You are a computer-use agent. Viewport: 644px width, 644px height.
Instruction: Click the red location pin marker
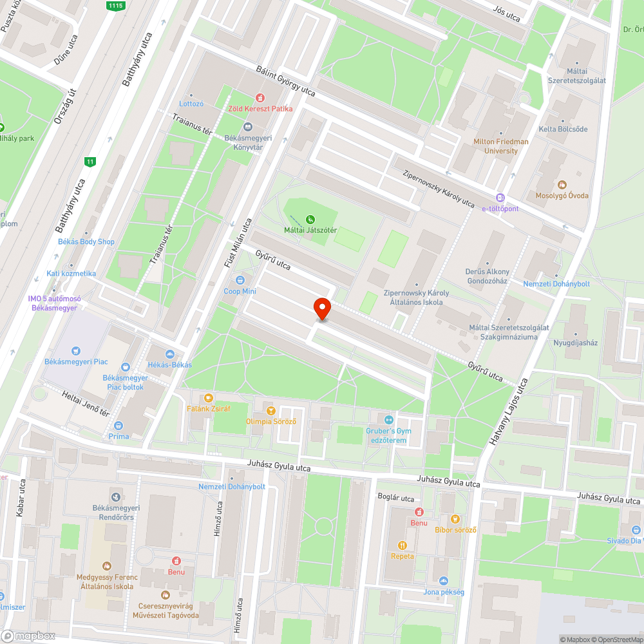pos(321,309)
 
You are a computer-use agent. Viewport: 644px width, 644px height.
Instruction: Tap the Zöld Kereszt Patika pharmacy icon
pos(260,98)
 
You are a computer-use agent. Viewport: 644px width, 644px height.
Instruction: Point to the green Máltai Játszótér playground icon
pos(311,220)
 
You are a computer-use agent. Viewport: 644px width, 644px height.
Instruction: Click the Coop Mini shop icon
pos(240,280)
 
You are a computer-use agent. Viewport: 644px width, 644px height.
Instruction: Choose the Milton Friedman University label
pos(500,146)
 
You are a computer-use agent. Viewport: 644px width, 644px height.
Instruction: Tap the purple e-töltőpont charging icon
pos(500,198)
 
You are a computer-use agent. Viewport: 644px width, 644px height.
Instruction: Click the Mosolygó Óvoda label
pos(562,195)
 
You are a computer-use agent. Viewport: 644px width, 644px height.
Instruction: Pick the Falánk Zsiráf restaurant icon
pos(208,397)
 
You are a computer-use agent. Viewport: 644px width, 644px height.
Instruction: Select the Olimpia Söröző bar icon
pos(270,410)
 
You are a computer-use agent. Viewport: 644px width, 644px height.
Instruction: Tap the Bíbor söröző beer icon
pos(455,519)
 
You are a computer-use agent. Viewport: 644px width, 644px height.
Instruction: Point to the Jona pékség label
pos(444,592)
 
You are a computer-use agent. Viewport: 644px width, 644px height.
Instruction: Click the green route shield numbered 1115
pos(116,5)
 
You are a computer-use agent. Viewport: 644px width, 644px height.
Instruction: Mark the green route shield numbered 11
pos(90,161)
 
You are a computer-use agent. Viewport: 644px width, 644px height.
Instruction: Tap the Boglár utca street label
pos(395,498)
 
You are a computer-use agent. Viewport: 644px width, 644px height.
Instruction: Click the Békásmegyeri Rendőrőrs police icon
pos(115,497)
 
